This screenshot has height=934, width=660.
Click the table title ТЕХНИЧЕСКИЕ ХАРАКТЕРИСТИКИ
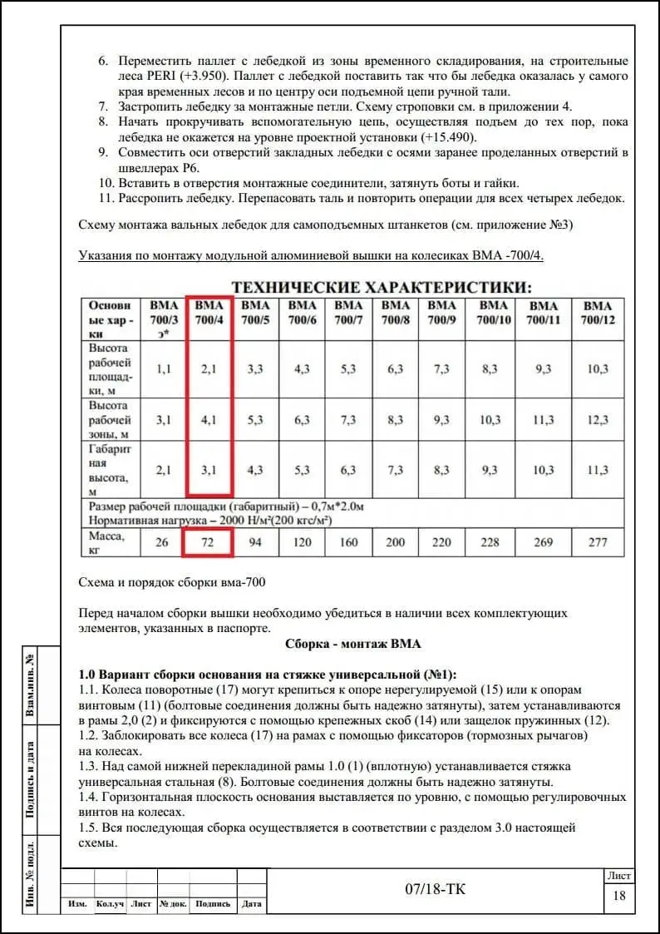coord(381,287)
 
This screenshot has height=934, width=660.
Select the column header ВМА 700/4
coord(209,313)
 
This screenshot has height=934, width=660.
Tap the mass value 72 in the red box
coord(209,542)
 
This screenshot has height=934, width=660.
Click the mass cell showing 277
coord(598,542)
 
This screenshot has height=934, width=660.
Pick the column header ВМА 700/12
coord(598,313)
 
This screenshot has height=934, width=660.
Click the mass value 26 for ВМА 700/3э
coord(164,542)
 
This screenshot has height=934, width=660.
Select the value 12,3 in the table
coord(598,420)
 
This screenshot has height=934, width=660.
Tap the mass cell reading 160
coord(348,542)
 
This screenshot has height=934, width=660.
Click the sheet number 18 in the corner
coord(619,896)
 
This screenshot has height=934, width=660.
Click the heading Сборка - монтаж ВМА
coord(353,644)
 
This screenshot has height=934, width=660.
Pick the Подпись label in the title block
coord(213,904)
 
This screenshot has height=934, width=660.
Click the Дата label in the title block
coord(250,904)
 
